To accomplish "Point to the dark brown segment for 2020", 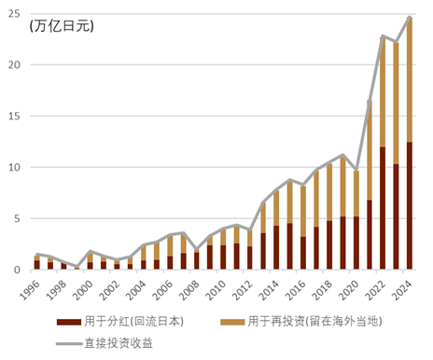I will (356, 242).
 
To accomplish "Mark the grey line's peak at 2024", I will (410, 17).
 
